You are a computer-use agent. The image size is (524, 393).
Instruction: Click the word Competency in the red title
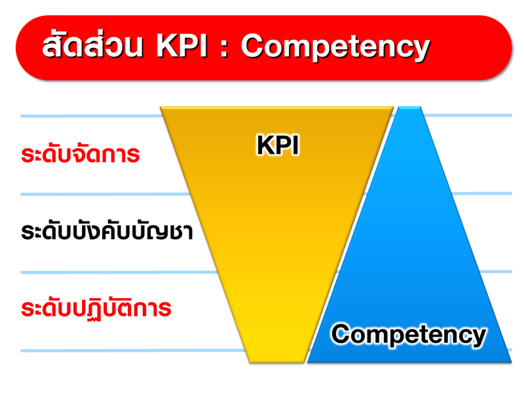tap(335, 48)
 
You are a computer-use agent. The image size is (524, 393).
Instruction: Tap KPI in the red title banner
tap(182, 47)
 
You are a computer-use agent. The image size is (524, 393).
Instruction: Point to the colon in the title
tap(224, 48)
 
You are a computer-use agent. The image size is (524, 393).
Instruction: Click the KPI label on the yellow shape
tap(278, 145)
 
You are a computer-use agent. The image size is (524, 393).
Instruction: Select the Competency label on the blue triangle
tap(409, 334)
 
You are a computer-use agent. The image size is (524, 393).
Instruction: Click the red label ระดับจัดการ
tap(80, 155)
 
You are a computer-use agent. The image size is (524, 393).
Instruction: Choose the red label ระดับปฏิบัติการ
tap(96, 308)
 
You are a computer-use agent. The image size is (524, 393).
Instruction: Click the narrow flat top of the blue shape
tap(409, 107)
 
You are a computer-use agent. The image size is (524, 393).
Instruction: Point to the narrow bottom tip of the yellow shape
tap(277, 362)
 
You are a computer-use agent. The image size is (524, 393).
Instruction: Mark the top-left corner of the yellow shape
tap(160, 107)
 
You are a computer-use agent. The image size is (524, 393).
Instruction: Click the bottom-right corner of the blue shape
tap(511, 362)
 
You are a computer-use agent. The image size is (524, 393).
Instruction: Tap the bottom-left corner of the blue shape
tap(308, 362)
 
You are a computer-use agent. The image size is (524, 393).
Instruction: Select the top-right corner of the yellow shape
tap(394, 107)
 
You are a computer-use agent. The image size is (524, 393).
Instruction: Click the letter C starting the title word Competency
tap(253, 47)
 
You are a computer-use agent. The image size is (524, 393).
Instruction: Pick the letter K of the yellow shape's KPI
tap(265, 145)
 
